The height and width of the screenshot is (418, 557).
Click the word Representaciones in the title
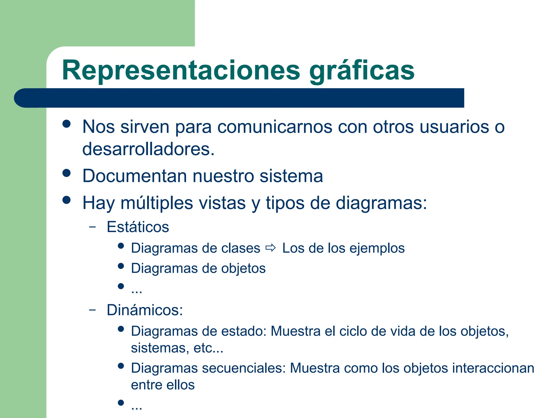pos(181,70)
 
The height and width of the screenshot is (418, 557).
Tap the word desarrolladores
pos(148,149)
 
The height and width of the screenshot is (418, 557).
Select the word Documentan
pos(135,176)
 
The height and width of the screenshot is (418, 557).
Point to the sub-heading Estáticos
pos(138,227)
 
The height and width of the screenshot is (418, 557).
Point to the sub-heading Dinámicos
pos(144,310)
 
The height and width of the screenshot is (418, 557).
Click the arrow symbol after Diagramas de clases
pos(271,248)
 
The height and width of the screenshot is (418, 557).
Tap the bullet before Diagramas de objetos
pos(121,266)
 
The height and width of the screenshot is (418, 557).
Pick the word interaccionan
pos(493,368)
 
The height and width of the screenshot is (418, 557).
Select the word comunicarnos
pos(275,127)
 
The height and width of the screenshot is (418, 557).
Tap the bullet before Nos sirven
pos(66,124)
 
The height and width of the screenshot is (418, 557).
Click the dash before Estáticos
pos(92,227)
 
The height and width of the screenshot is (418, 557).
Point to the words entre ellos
pos(163,385)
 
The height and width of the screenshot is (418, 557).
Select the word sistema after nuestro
pos(291,176)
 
